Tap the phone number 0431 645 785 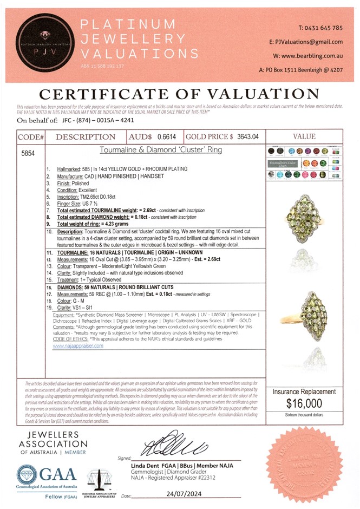(x=320, y=28)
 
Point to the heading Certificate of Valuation (x=179, y=93)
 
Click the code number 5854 (x=28, y=154)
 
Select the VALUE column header (x=307, y=137)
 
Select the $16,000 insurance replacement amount (x=305, y=403)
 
